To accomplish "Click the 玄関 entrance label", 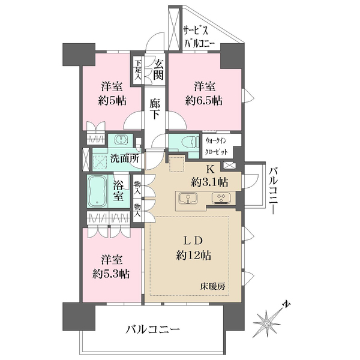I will [x=158, y=68].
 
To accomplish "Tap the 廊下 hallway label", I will [x=155, y=110].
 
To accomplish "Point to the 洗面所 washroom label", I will [x=125, y=160].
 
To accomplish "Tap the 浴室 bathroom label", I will [x=119, y=191].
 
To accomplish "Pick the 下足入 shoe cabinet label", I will [x=138, y=69].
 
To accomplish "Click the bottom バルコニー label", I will [x=153, y=329].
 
